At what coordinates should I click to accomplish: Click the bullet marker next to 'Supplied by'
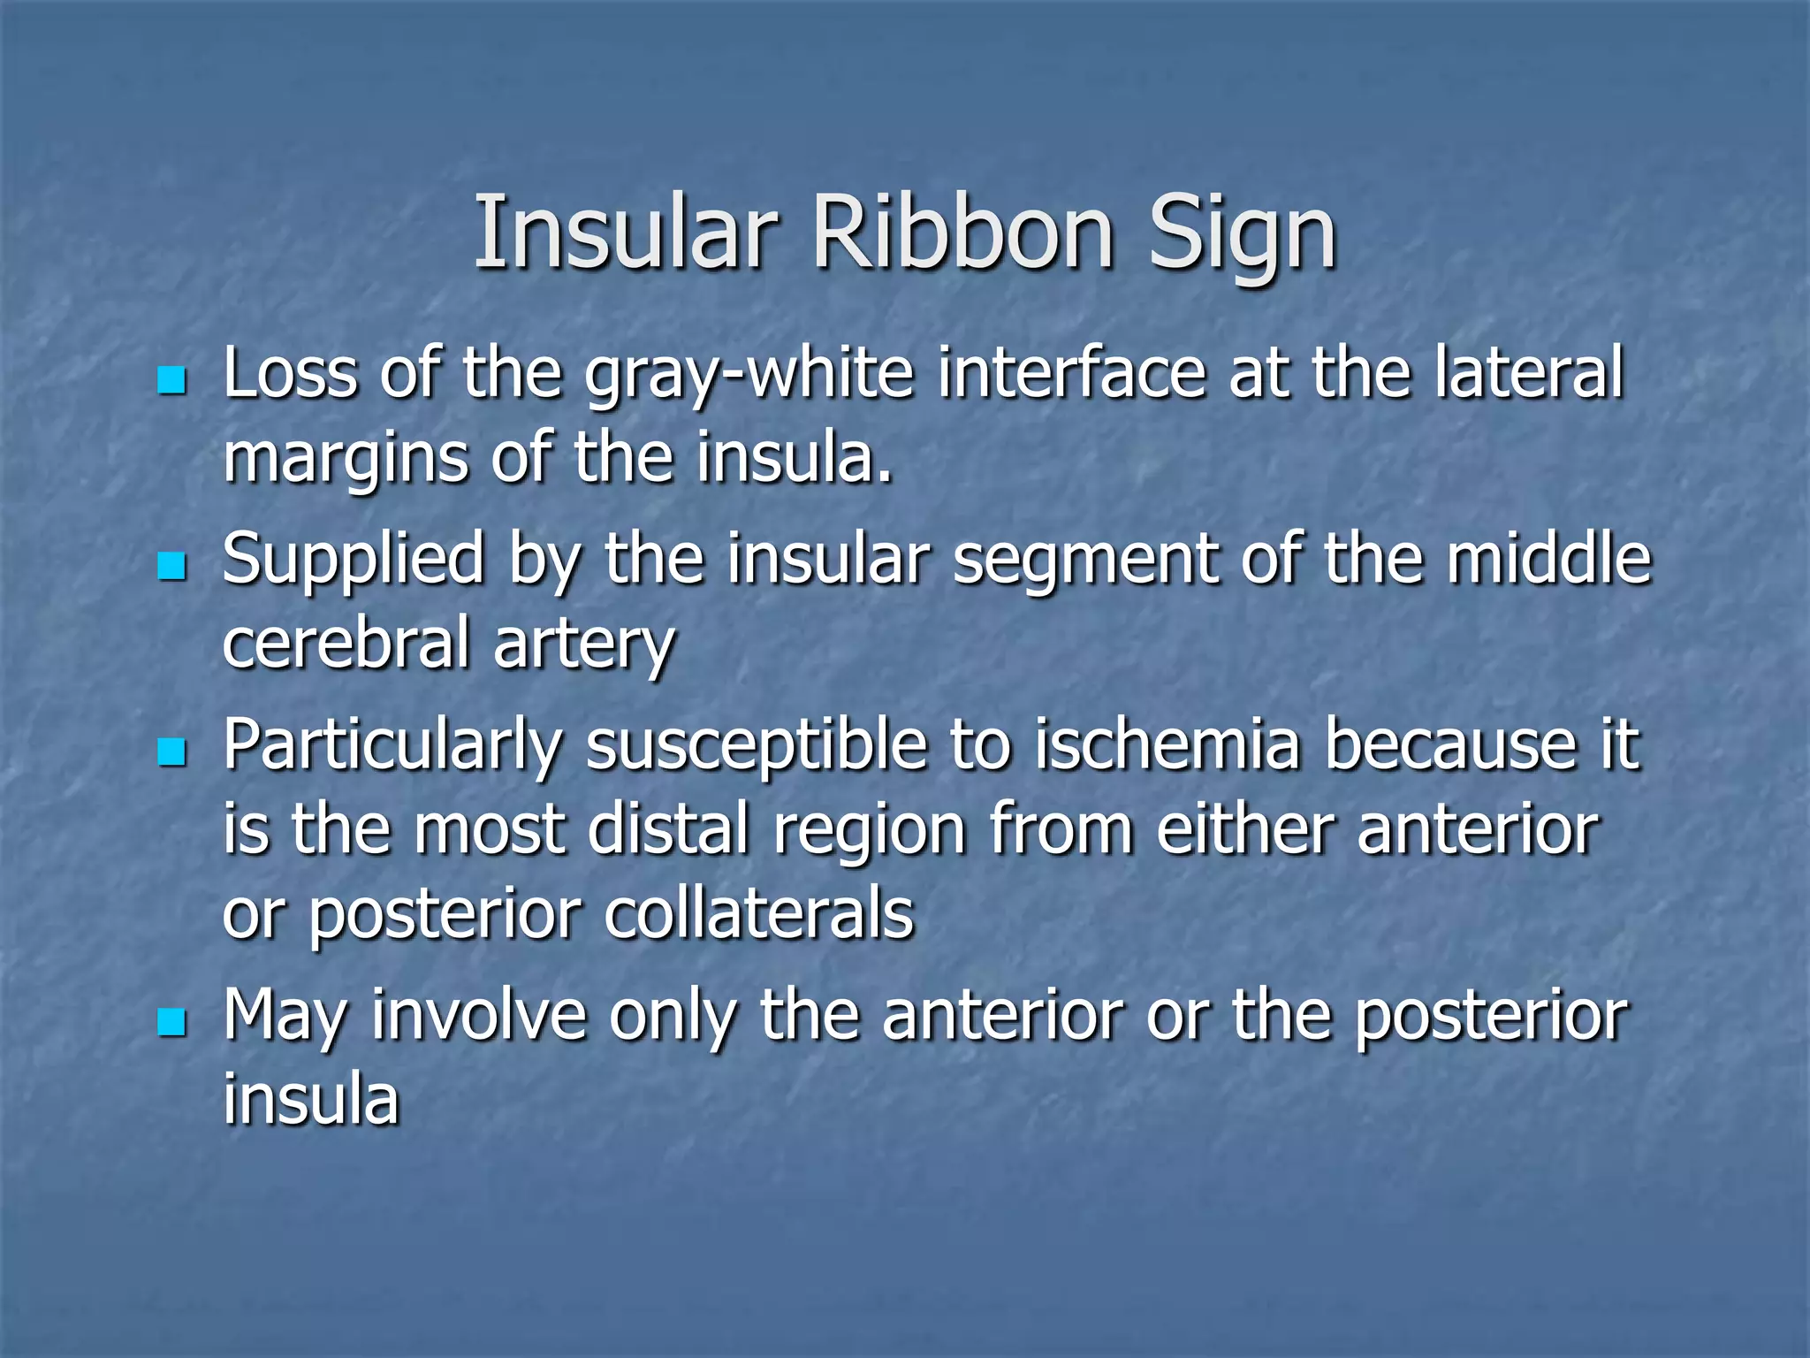[171, 567]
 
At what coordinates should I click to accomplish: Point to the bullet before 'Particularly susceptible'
[171, 752]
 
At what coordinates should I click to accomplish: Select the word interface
[1071, 373]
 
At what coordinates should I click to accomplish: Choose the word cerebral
[346, 643]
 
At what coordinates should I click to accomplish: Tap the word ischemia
[1167, 744]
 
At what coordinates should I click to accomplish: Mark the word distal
[668, 829]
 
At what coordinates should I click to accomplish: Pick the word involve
[478, 1016]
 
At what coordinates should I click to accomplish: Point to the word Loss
[291, 373]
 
